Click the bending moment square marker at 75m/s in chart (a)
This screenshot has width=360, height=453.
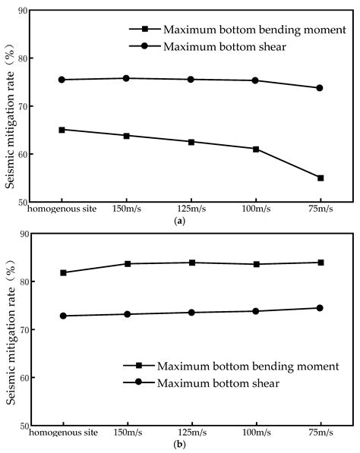click(x=320, y=178)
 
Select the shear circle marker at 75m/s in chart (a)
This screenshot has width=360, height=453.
click(x=320, y=88)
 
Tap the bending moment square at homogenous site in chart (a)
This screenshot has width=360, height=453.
click(x=62, y=130)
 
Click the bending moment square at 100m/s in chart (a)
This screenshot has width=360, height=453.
click(x=255, y=149)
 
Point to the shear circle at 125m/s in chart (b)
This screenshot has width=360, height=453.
click(x=191, y=312)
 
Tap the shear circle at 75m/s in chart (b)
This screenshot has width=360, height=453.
click(x=320, y=308)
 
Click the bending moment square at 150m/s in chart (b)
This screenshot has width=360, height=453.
click(x=126, y=263)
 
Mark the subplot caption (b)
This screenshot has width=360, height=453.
click(x=180, y=445)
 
